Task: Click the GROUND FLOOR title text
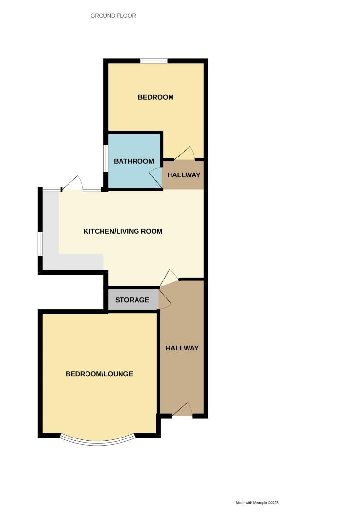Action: click(x=113, y=16)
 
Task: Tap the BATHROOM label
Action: click(x=134, y=161)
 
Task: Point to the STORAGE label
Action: click(x=132, y=300)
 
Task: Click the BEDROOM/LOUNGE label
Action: click(x=100, y=374)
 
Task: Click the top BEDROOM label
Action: click(x=156, y=97)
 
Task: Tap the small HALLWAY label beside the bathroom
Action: click(x=184, y=175)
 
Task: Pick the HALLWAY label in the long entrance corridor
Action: click(x=182, y=348)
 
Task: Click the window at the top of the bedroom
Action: click(x=154, y=61)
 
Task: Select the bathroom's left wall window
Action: click(x=105, y=158)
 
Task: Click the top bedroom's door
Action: click(x=185, y=154)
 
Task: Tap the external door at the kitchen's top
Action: click(x=72, y=184)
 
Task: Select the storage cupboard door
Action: click(x=164, y=297)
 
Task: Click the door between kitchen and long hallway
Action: click(x=169, y=279)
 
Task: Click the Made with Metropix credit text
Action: click(x=257, y=503)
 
